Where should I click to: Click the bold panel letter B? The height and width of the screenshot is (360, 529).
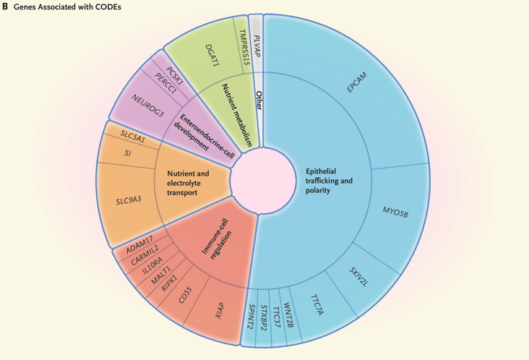(x=6, y=6)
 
